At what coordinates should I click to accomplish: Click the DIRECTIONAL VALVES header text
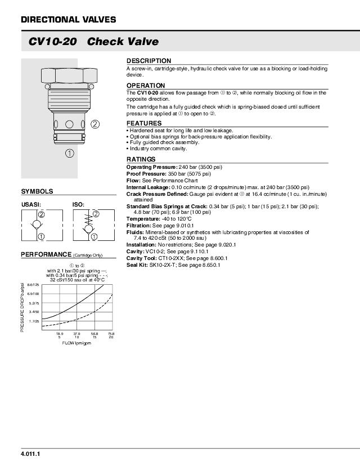[x=68, y=20]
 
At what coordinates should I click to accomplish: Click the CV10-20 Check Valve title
[x=93, y=42]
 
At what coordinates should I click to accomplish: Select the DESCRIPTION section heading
[x=148, y=61]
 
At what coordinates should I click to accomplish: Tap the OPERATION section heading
[x=146, y=86]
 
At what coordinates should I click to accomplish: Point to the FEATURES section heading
[x=144, y=123]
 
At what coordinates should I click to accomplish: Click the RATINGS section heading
[x=141, y=159]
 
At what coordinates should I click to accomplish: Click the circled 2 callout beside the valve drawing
[x=95, y=124]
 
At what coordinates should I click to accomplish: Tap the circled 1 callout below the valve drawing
[x=69, y=153]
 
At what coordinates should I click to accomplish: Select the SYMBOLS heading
[x=37, y=191]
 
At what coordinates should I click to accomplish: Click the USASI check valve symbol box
[x=37, y=225]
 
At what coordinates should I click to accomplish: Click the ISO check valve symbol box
[x=86, y=225]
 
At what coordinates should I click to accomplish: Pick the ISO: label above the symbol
[x=78, y=205]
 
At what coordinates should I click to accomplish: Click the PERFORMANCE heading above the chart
[x=46, y=254]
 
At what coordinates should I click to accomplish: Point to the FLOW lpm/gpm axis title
[x=76, y=343]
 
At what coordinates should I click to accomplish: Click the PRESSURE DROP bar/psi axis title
[x=22, y=307]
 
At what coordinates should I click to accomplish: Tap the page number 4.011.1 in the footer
[x=30, y=454]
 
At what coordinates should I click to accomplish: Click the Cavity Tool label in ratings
[x=142, y=258]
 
